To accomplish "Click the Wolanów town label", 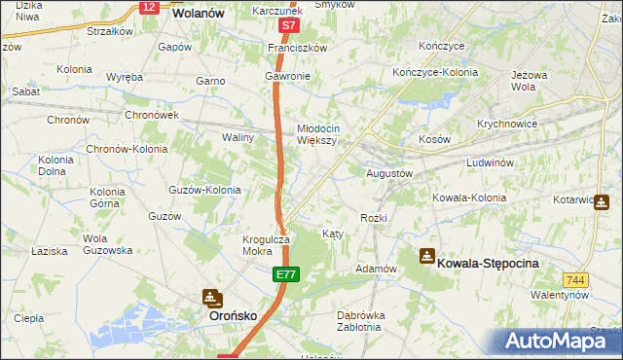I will pyautogui.click(x=198, y=15).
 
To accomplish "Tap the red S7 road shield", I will pyautogui.click(x=287, y=26).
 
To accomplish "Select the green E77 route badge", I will pyautogui.click(x=283, y=277).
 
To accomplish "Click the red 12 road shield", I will pyautogui.click(x=148, y=7).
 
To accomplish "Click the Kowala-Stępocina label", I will pyautogui.click(x=488, y=263).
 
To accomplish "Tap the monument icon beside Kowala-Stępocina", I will pyautogui.click(x=426, y=256).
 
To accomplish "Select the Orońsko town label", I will pyautogui.click(x=234, y=317).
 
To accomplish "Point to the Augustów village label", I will pyautogui.click(x=389, y=173).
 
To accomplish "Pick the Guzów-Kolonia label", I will pyautogui.click(x=204, y=190).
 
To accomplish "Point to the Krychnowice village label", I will pyautogui.click(x=508, y=125).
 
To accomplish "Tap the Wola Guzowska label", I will pyautogui.click(x=107, y=244).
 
